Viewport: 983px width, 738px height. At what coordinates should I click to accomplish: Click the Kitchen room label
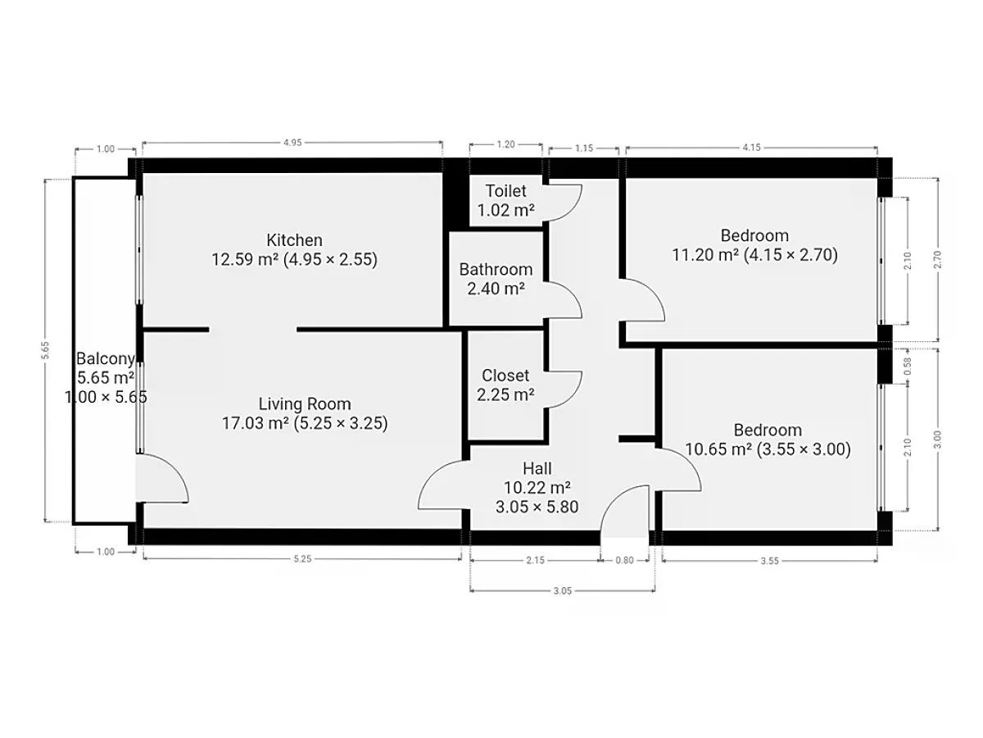click(x=294, y=240)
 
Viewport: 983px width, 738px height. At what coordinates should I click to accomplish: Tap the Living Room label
click(x=305, y=403)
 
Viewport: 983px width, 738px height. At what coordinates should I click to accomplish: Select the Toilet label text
click(x=505, y=191)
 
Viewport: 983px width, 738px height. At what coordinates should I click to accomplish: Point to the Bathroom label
click(x=496, y=269)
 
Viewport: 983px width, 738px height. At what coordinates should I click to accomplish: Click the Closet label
click(x=505, y=375)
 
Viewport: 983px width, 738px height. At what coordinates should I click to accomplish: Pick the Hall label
click(x=537, y=468)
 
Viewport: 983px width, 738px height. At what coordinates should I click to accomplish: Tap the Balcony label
click(x=106, y=358)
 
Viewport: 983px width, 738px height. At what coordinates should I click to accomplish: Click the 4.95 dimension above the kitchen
click(x=292, y=143)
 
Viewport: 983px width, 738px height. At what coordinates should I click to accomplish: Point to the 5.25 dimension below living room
click(x=302, y=558)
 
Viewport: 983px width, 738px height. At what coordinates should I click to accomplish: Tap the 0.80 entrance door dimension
click(x=624, y=560)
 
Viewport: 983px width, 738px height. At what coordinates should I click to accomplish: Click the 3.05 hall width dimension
click(x=563, y=590)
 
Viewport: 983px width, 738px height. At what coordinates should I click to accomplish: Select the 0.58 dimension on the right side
click(x=908, y=366)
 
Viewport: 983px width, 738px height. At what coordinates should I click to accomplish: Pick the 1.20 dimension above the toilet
click(x=505, y=144)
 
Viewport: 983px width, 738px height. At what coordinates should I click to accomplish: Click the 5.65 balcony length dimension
click(x=45, y=350)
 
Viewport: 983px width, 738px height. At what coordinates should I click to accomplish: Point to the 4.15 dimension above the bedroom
click(x=751, y=147)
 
